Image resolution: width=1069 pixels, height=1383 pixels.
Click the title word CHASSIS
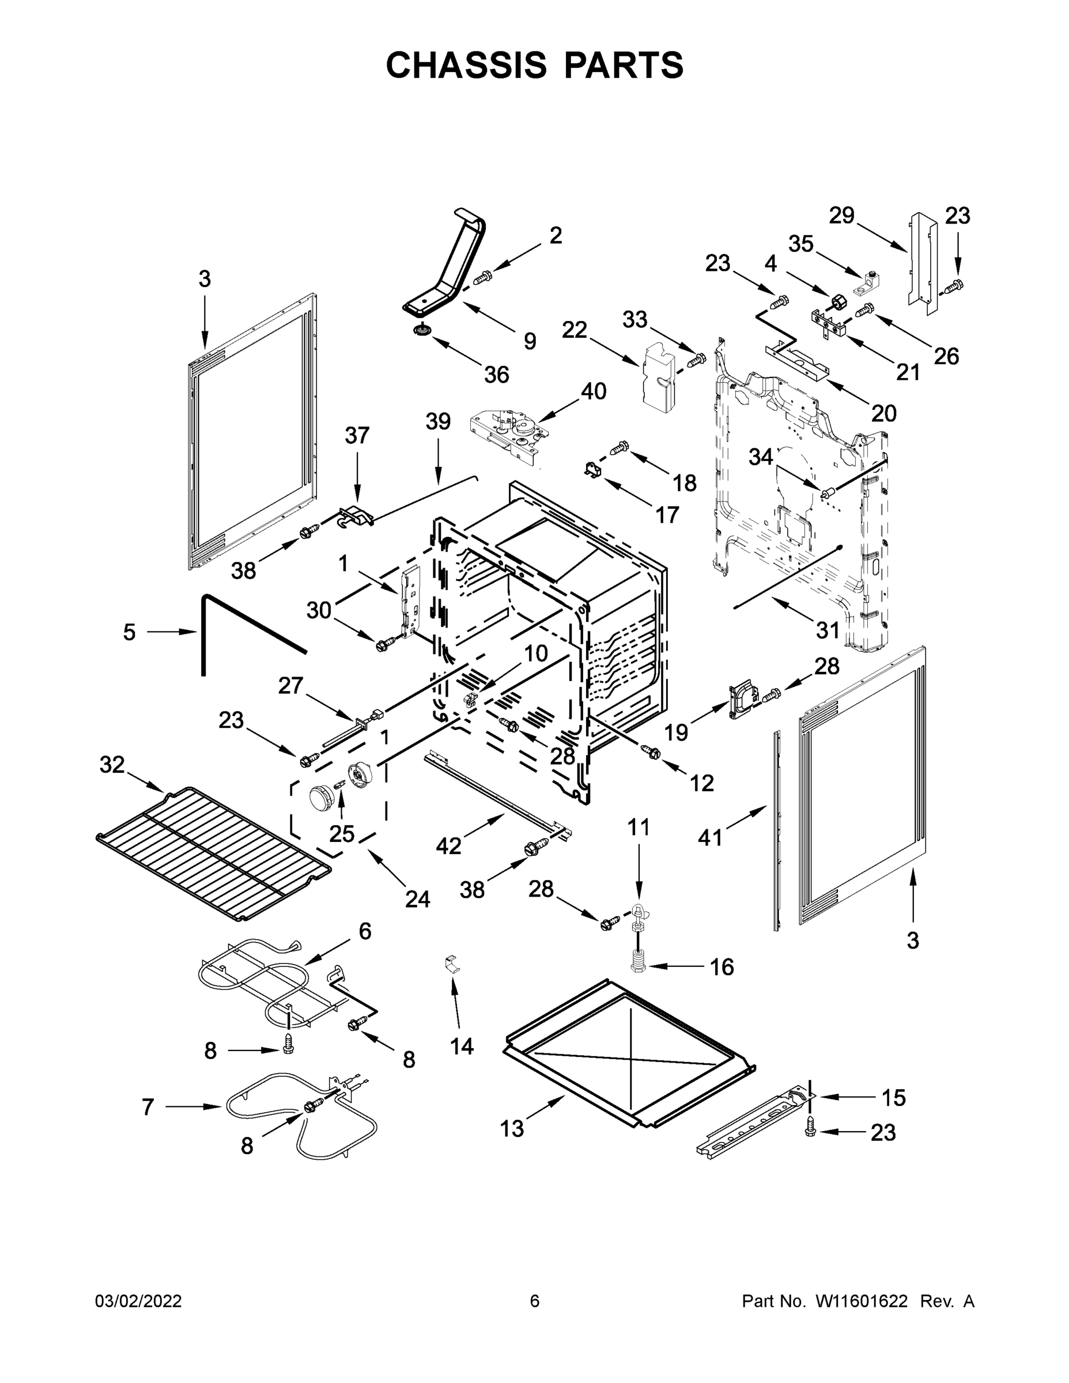(466, 65)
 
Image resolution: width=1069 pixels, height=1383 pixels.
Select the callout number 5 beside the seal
(129, 632)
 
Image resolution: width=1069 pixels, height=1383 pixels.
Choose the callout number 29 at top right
(841, 216)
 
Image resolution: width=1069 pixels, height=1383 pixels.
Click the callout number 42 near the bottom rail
(448, 845)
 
